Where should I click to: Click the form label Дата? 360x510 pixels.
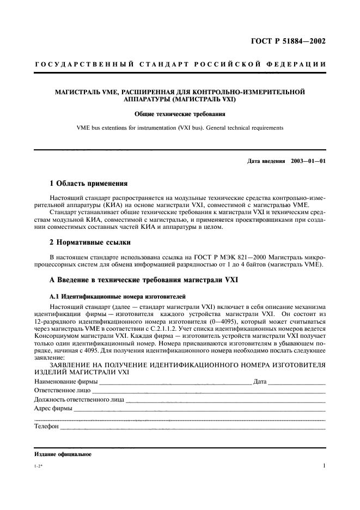point(260,381)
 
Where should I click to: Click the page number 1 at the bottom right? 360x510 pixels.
point(324,466)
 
